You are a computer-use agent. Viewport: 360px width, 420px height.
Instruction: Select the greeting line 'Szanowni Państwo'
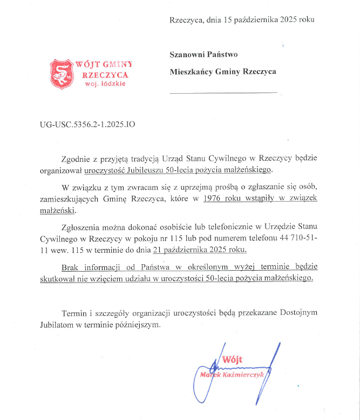pos(203,54)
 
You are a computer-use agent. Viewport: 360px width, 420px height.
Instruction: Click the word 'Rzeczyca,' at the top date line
pos(187,20)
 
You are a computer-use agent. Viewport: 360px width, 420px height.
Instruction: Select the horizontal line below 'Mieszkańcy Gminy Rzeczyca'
pos(223,93)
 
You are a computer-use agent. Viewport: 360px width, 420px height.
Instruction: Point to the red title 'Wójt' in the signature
pos(233,360)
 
